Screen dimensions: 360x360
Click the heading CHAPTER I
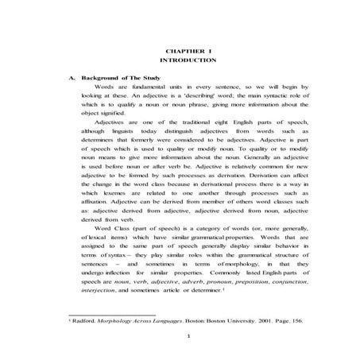[x=187, y=49]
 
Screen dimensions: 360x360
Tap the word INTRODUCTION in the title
[x=187, y=60]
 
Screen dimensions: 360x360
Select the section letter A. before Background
[x=73, y=78]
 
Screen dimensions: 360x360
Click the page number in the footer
[x=187, y=354]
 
